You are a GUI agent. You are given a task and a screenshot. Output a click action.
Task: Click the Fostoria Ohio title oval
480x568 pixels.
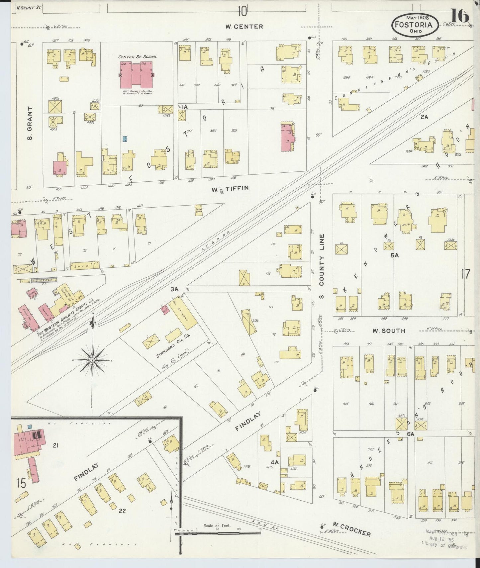416,25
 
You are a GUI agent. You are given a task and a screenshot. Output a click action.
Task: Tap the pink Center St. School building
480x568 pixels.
136,74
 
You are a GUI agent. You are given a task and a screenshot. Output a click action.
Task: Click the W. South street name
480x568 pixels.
388,331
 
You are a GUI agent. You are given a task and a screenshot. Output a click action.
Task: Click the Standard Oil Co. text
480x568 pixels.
173,346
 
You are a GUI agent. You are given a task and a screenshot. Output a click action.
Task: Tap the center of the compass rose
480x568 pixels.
92,360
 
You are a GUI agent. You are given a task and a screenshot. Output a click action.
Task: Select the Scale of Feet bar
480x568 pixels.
218,533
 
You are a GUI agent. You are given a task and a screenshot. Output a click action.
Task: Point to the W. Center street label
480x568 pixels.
244,27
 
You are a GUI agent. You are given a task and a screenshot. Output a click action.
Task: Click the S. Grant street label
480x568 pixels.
30,123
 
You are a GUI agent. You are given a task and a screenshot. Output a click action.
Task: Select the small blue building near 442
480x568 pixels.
125,139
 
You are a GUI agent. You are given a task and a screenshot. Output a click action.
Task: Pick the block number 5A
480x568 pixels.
394,255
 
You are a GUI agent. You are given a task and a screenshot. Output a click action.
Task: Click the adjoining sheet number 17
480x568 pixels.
465,274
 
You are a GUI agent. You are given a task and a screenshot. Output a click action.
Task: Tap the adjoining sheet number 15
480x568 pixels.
21,483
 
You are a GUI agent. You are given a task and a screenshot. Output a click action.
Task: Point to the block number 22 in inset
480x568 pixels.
122,511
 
